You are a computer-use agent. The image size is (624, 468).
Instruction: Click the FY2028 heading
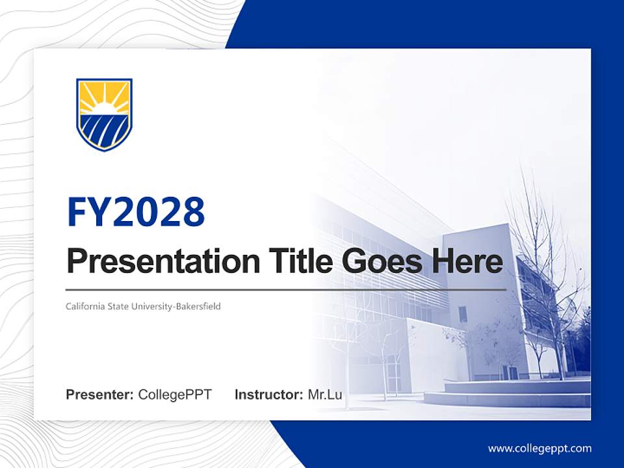136,212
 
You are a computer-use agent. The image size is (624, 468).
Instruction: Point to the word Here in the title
466,261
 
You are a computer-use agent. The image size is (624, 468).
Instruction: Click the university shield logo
104,114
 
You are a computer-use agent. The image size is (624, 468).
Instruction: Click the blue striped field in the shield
104,129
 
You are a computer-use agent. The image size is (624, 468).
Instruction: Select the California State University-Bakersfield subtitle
143,306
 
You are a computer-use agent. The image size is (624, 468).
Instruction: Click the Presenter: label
100,395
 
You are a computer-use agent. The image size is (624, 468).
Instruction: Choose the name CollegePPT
175,395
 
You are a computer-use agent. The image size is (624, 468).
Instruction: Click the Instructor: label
268,395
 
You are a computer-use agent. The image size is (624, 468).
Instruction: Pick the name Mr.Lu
325,395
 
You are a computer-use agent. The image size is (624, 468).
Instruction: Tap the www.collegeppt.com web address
539,448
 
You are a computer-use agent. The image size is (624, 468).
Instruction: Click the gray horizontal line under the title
286,289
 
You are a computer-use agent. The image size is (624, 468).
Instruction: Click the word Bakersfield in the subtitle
198,306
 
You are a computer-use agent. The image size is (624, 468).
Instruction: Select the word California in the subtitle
82,306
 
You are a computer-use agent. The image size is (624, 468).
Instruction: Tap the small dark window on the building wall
462,314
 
